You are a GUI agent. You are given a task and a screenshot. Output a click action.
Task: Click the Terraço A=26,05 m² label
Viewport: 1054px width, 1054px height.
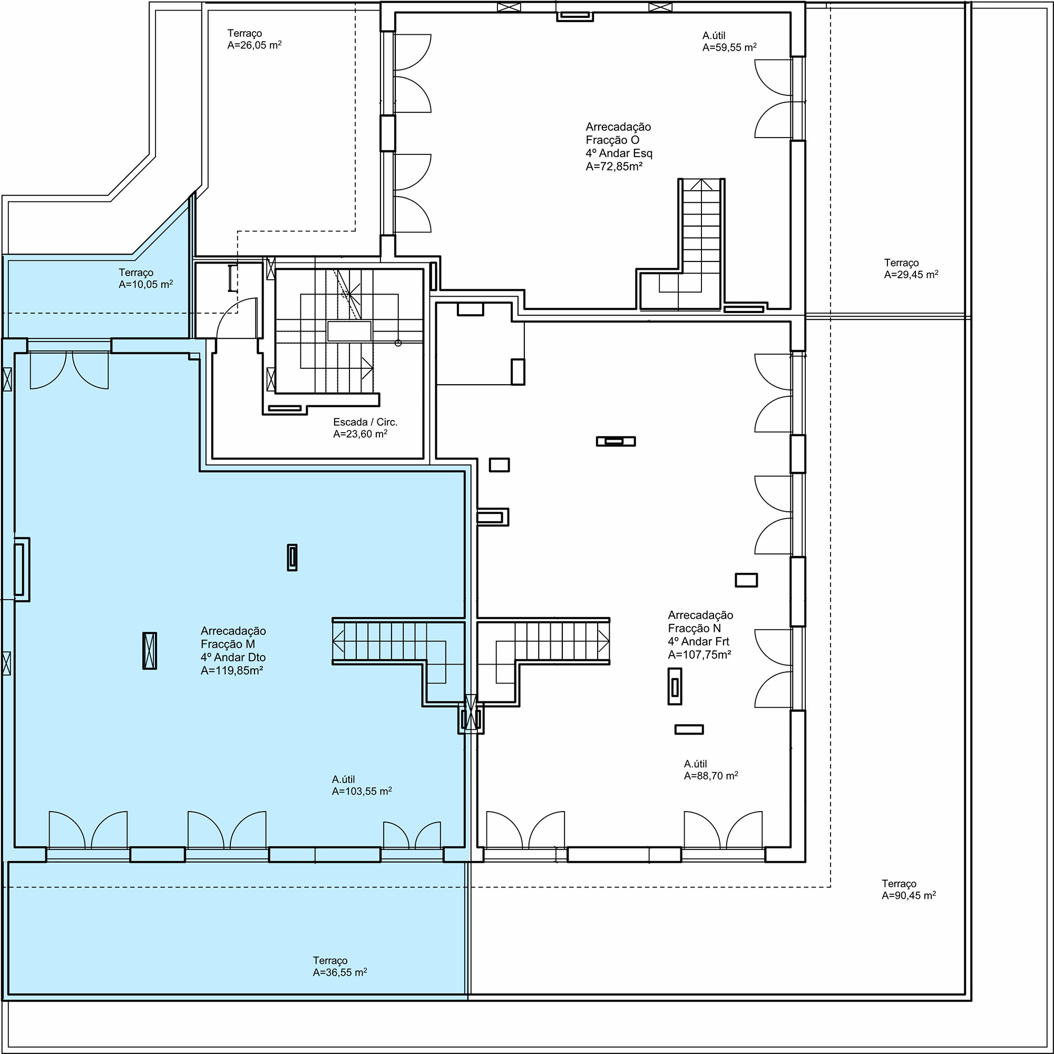point(254,40)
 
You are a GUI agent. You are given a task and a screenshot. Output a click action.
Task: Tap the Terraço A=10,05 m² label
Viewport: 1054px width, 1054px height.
point(145,278)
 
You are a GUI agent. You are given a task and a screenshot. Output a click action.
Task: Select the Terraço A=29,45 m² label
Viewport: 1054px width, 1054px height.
point(911,268)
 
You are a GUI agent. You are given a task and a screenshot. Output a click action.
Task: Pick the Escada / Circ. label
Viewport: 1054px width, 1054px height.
point(365,422)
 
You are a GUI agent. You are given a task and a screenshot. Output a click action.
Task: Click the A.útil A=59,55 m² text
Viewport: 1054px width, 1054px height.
point(729,42)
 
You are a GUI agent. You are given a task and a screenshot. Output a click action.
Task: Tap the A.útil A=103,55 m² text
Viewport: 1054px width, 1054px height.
point(362,785)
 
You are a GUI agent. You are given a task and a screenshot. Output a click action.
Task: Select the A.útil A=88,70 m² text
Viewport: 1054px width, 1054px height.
point(711,770)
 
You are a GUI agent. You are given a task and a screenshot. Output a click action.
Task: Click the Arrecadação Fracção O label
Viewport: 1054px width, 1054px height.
point(618,133)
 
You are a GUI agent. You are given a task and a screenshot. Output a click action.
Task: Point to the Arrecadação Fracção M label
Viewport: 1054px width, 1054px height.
point(233,637)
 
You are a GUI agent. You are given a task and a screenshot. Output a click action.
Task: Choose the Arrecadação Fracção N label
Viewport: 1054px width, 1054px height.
point(700,621)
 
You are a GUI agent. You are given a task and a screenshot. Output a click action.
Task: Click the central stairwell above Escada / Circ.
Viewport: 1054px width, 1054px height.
point(350,331)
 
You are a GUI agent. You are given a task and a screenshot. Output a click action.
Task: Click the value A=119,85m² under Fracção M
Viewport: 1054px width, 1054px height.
point(231,670)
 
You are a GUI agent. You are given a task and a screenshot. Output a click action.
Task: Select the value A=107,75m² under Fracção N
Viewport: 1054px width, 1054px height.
point(699,655)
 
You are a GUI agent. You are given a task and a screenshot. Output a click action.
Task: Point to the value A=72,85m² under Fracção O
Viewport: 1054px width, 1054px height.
point(614,167)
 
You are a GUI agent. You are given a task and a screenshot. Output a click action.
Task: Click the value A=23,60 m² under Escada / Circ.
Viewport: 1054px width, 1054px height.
point(360,434)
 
